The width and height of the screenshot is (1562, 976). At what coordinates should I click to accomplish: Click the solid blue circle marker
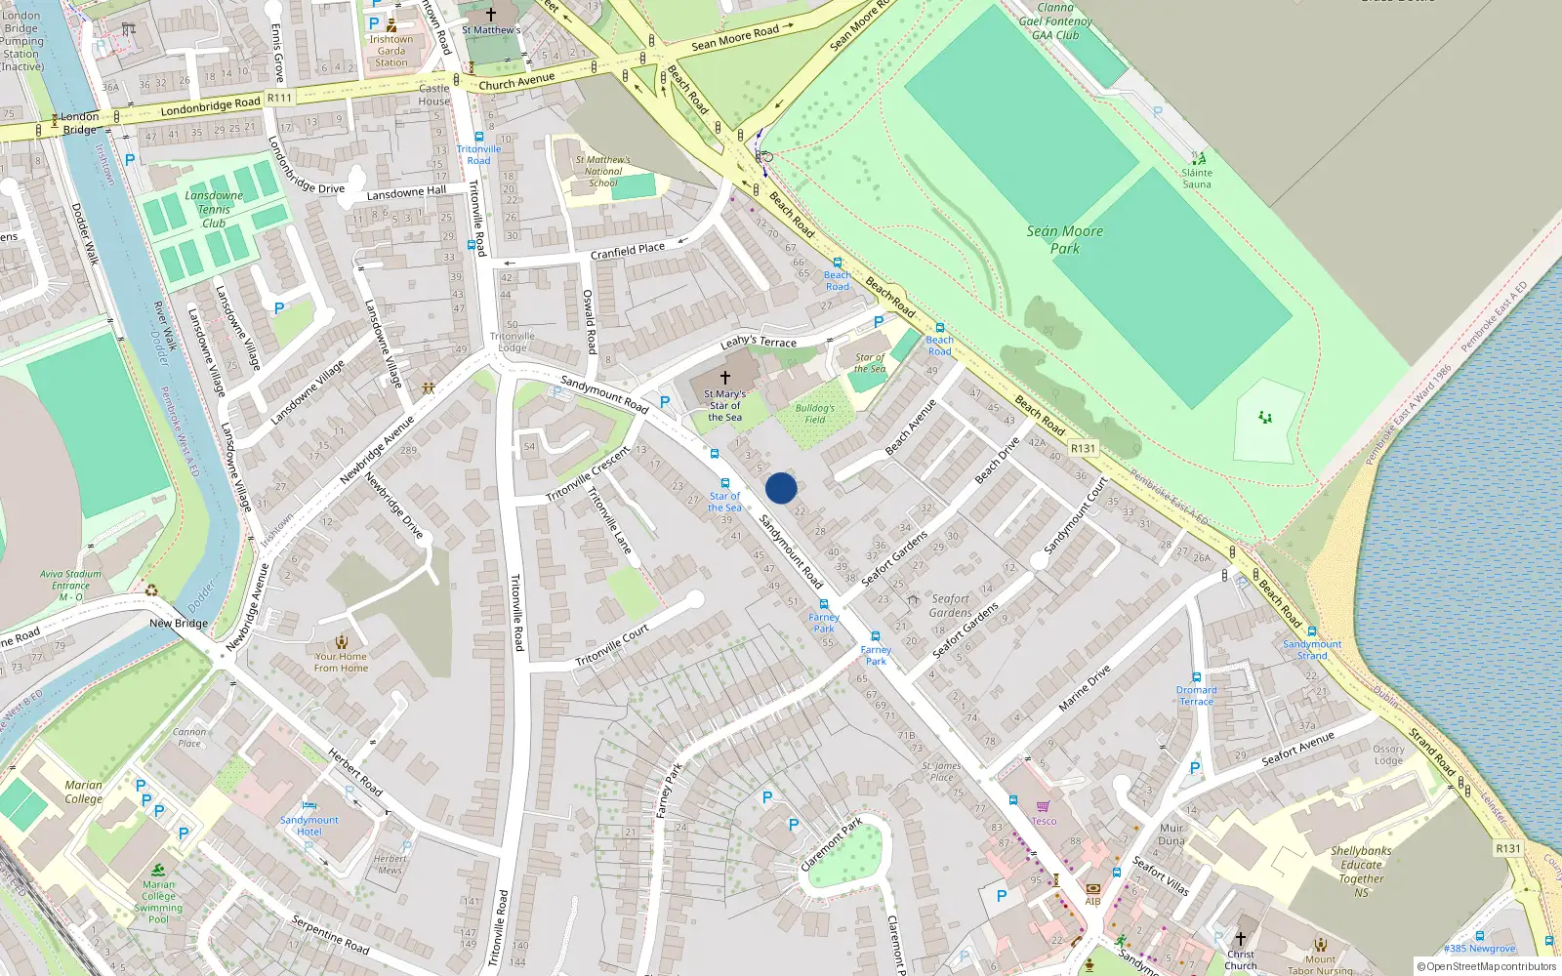tap(781, 488)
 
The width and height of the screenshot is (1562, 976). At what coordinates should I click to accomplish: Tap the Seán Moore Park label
tap(1064, 240)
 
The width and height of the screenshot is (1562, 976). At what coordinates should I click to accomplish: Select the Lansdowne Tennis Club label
tap(214, 209)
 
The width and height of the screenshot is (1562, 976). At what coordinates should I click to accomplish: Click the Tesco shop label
tap(1044, 821)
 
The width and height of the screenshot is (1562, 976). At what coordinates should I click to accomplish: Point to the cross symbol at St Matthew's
tap(491, 15)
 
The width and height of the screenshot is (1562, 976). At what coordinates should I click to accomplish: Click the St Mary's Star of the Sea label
tap(725, 406)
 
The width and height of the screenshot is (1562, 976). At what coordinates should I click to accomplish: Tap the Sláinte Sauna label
tap(1197, 179)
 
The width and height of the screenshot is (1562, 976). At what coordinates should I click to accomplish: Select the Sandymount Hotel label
tap(309, 826)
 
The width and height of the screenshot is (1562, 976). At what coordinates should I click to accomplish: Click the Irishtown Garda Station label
tap(391, 51)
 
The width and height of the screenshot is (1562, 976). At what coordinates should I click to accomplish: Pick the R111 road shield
tap(279, 98)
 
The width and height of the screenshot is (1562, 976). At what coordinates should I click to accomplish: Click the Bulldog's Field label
tap(814, 414)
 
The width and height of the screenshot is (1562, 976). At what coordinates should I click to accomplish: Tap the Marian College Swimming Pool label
tap(158, 902)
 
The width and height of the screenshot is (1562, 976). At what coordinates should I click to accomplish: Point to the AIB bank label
tap(1092, 901)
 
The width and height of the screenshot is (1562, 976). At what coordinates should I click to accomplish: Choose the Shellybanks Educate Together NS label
tap(1361, 871)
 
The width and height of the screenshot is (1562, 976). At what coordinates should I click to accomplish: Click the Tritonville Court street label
tap(612, 646)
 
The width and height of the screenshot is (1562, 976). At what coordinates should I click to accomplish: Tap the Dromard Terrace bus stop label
tap(1196, 695)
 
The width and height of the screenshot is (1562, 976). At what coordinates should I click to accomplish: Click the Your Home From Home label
tap(341, 662)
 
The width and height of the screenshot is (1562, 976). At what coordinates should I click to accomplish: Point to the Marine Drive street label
tap(1085, 687)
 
